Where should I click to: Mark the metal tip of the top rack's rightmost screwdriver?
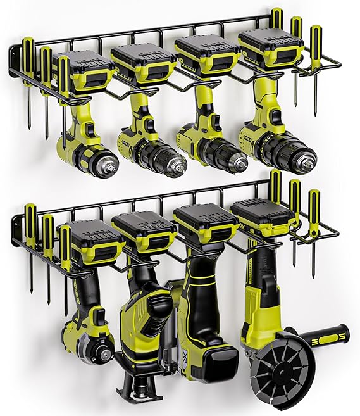314,95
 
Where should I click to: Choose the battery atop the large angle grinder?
263,217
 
